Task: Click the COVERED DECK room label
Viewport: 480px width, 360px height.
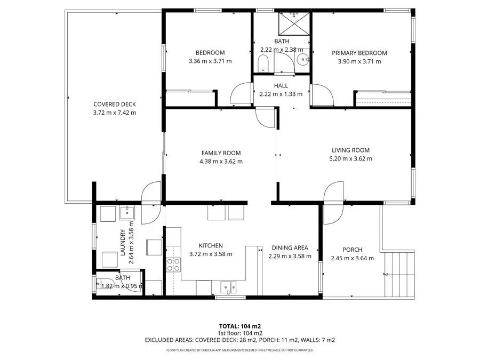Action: point(115,105)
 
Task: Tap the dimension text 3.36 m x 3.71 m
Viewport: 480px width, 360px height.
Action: point(210,61)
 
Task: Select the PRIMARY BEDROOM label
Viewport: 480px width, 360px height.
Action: point(359,53)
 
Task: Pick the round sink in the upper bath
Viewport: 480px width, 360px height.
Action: point(302,60)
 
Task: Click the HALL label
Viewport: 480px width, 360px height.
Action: point(281,85)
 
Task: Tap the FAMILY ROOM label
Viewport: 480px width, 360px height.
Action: point(221,153)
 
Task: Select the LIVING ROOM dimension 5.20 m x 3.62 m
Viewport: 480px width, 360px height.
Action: point(350,158)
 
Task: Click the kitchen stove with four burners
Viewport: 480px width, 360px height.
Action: point(173,265)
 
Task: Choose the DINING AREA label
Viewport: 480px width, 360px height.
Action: point(290,247)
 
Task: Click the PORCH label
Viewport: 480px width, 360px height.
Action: point(353,250)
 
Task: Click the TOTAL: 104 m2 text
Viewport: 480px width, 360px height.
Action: point(239,326)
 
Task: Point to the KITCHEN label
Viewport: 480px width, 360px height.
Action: point(211,245)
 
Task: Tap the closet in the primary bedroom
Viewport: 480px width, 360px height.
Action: point(383,99)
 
